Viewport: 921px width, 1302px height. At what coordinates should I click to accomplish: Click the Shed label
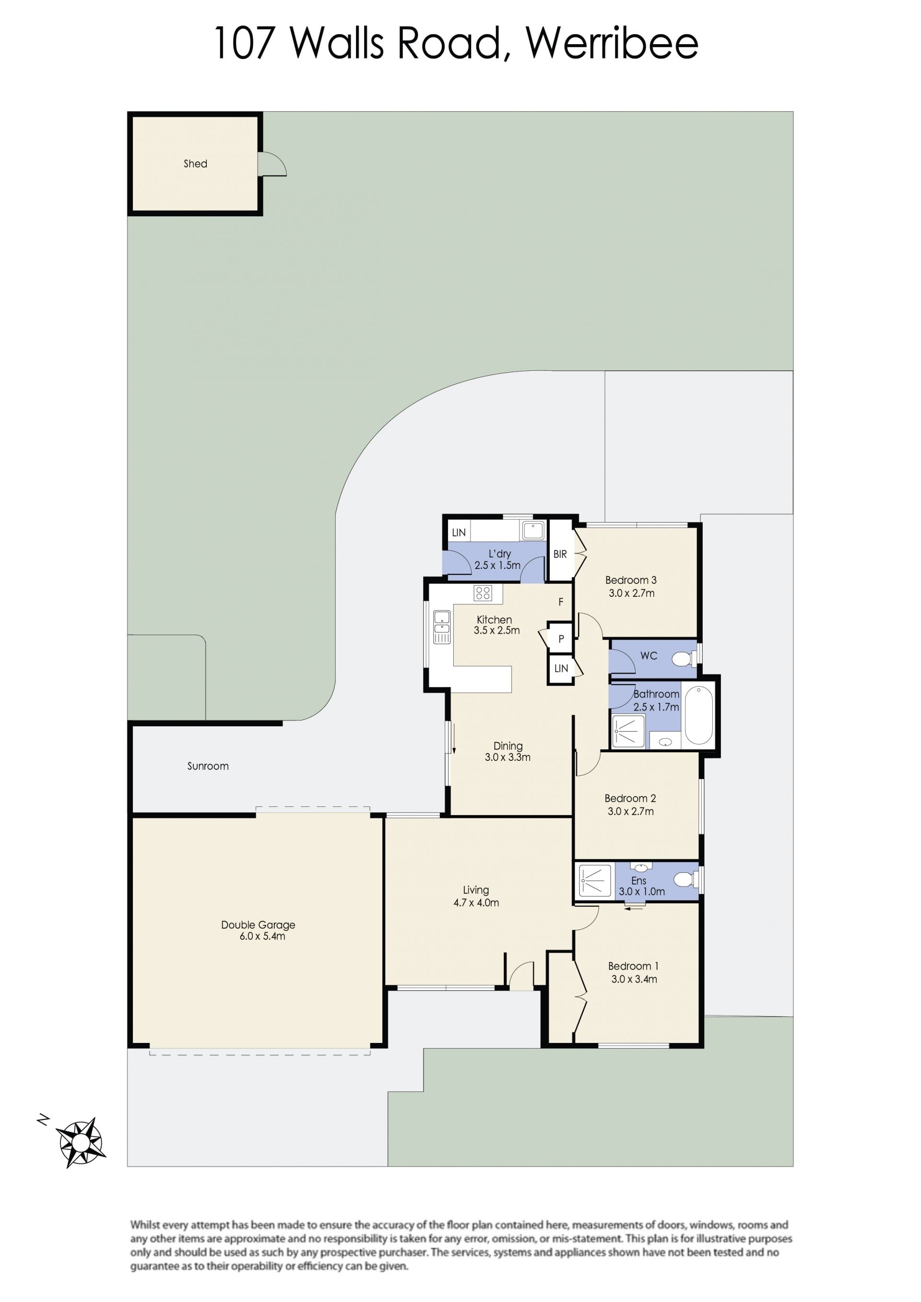click(195, 164)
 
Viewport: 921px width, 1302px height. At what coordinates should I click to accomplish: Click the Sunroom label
click(208, 766)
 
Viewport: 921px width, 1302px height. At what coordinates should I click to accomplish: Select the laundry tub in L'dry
click(533, 531)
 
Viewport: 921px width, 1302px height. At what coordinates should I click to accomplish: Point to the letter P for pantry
click(561, 639)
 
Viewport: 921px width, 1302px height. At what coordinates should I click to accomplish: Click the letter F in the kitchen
click(561, 602)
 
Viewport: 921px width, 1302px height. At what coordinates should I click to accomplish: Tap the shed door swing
click(273, 164)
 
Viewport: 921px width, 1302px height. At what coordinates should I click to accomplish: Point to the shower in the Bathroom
click(628, 732)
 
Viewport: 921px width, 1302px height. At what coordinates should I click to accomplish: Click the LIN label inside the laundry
click(459, 533)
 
